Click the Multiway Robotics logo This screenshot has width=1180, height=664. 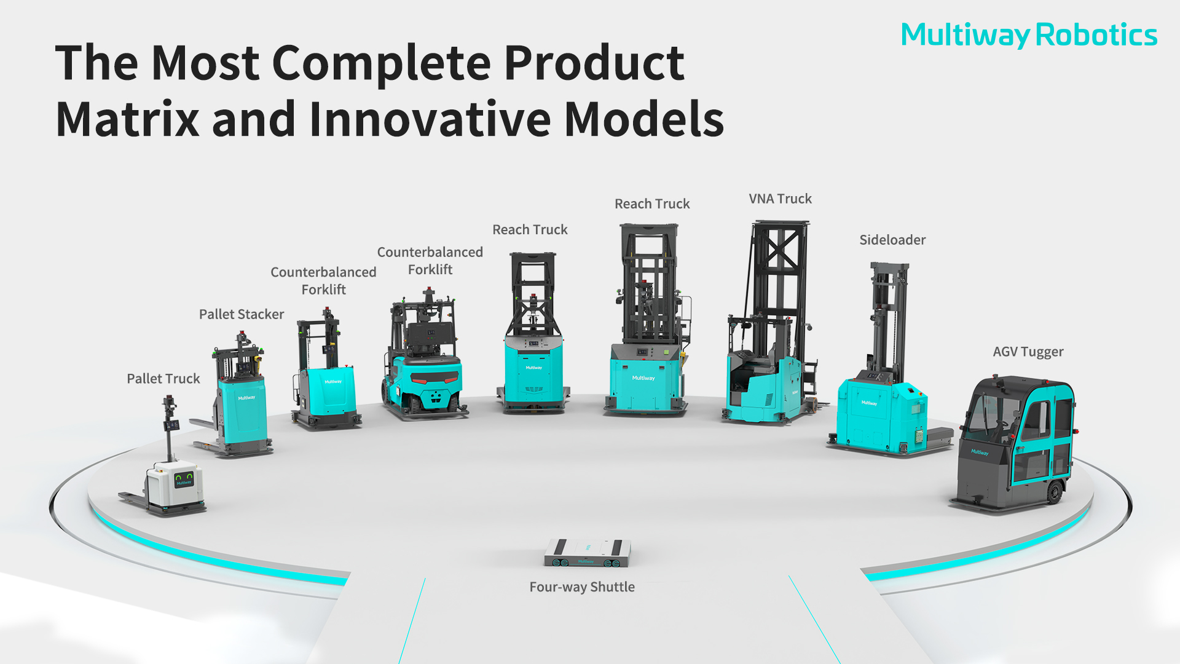[x=1029, y=35]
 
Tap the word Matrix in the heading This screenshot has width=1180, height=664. [x=127, y=119]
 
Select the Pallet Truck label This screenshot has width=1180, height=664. [x=163, y=379]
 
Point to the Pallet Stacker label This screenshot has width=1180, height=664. [x=242, y=314]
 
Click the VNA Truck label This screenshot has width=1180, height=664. [x=780, y=199]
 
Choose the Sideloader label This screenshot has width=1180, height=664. [x=892, y=240]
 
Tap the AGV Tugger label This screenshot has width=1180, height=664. [x=1028, y=352]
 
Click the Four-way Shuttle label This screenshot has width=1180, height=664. [x=582, y=587]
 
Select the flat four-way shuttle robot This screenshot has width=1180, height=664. [x=587, y=553]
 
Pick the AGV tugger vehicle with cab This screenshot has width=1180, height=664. [x=1014, y=443]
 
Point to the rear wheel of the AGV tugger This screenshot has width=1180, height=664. [x=1055, y=492]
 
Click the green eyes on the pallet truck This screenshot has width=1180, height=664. [x=184, y=476]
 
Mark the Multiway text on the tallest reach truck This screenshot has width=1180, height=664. [x=643, y=378]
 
